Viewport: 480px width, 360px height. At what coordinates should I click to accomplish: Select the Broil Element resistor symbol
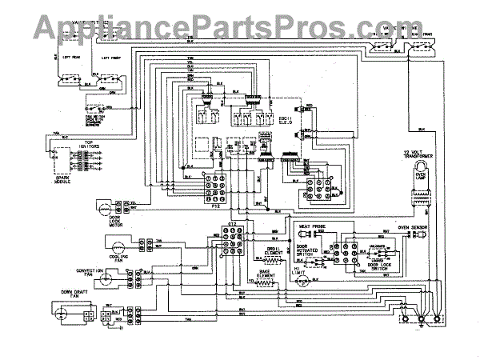(x=276, y=261)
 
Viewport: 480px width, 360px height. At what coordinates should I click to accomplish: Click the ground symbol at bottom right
(x=438, y=325)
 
